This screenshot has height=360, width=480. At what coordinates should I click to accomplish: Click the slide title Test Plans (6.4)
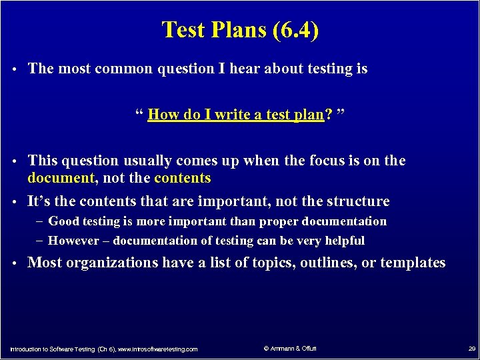point(240,31)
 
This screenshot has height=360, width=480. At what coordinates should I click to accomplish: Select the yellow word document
point(61,178)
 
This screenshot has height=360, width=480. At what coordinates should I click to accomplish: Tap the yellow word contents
point(182,178)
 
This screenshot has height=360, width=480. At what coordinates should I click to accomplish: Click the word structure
point(360,201)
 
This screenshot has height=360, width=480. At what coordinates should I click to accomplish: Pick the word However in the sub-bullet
point(74,241)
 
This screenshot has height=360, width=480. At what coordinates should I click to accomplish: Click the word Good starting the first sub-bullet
point(64,221)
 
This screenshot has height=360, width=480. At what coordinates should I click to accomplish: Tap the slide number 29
point(471,349)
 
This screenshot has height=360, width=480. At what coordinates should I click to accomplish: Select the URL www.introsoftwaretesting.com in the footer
point(157,349)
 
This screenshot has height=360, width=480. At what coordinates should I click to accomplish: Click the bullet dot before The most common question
point(15,69)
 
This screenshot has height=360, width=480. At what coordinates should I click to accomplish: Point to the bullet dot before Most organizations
point(15,263)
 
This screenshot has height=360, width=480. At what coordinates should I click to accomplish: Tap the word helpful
point(343,241)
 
